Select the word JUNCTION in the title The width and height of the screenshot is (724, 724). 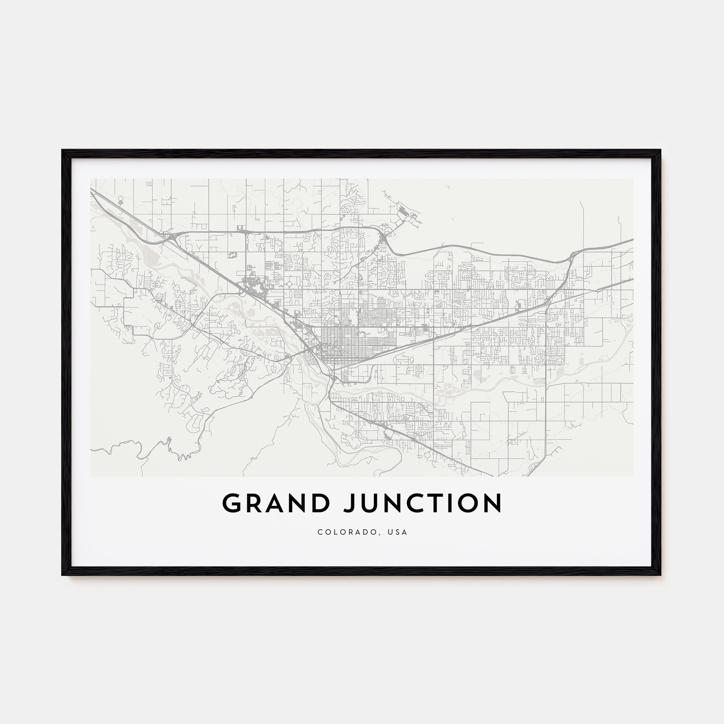pyautogui.click(x=422, y=503)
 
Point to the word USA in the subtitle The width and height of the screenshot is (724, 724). pyautogui.click(x=398, y=532)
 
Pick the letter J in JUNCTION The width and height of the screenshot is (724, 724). pyautogui.click(x=350, y=503)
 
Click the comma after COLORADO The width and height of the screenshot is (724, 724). pyautogui.click(x=382, y=534)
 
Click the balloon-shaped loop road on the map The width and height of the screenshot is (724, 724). pyautogui.click(x=120, y=201)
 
